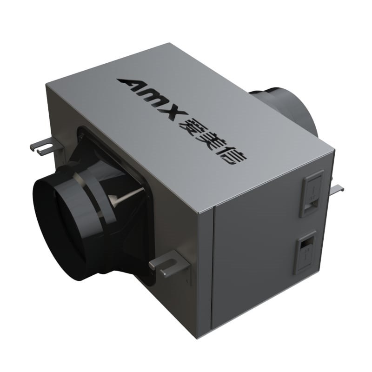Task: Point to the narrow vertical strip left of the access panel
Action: pos(204,270)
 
